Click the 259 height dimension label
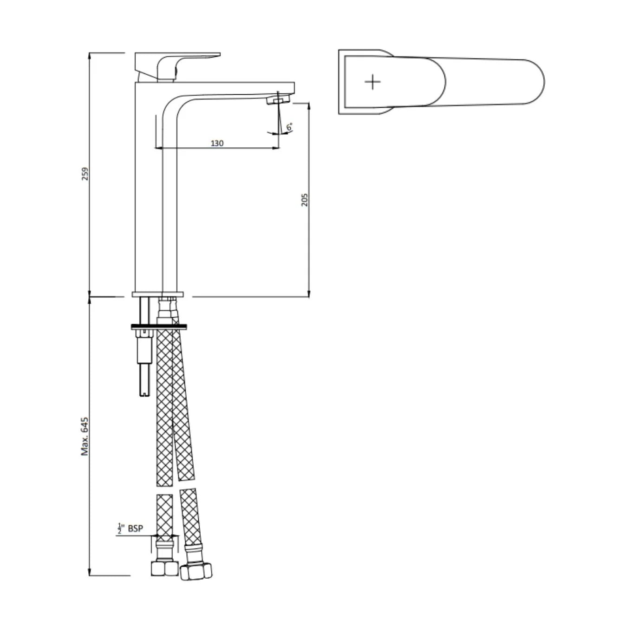pyautogui.click(x=85, y=174)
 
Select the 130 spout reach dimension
pyautogui.click(x=217, y=143)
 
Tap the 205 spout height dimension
pyautogui.click(x=305, y=199)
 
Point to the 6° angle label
pyautogui.click(x=289, y=127)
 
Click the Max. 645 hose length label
pyautogui.click(x=85, y=436)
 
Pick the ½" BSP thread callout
pyautogui.click(x=130, y=529)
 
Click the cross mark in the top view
pyautogui.click(x=372, y=82)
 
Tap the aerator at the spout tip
pyautogui.click(x=278, y=100)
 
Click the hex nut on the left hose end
pyautogui.click(x=164, y=568)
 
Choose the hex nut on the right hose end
pyautogui.click(x=196, y=571)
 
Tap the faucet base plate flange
pyautogui.click(x=158, y=294)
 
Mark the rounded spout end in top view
pyautogui.click(x=534, y=82)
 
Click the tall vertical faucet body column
pyautogui.click(x=148, y=195)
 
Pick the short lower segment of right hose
pyautogui.click(x=190, y=516)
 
